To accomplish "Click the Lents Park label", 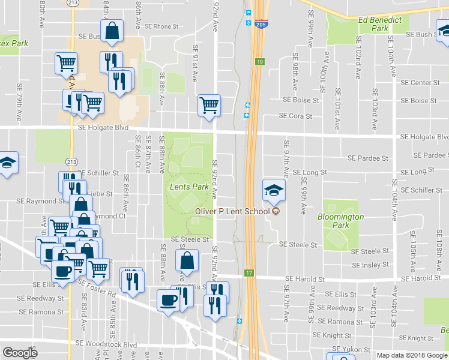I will [x=189, y=187].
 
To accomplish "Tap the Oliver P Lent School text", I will [x=233, y=211].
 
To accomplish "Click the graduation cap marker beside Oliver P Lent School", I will [x=274, y=190].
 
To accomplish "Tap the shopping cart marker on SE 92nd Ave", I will [x=209, y=106].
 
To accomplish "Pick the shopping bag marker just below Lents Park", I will [x=187, y=260].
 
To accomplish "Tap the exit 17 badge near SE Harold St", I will [x=249, y=274].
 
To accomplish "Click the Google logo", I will [x=20, y=353].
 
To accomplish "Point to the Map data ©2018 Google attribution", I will [x=412, y=355].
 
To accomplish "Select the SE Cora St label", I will [x=295, y=116].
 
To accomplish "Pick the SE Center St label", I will [x=420, y=83].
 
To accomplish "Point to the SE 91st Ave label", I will [x=195, y=63].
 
